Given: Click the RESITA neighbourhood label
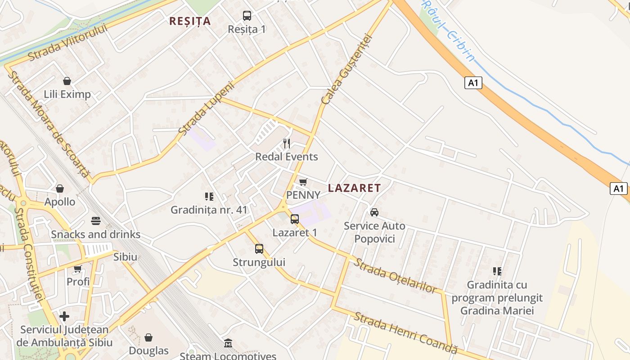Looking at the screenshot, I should tap(190, 21).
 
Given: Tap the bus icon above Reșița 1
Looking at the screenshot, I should tap(247, 16).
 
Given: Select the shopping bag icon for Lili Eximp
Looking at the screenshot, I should tap(67, 81).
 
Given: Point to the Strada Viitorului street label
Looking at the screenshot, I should tap(68, 43).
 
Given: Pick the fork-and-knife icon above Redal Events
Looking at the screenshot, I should tap(287, 144).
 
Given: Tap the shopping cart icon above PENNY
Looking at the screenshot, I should tap(303, 182).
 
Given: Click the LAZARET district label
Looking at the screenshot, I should tap(354, 188).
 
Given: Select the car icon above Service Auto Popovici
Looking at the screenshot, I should tap(374, 212).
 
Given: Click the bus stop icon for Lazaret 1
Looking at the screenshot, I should tap(295, 219).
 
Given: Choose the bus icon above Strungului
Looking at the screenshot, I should tap(259, 248).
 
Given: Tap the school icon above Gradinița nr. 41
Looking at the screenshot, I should tap(209, 197).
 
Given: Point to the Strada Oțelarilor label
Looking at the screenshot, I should tap(395, 275).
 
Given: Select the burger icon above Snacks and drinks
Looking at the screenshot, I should tap(96, 221).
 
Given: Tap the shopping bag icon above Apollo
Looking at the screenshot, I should tap(60, 189).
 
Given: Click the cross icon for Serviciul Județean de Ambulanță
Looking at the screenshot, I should tap(64, 316).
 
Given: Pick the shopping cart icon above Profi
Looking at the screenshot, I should tap(78, 269).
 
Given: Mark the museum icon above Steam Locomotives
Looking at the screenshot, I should tap(228, 343).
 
